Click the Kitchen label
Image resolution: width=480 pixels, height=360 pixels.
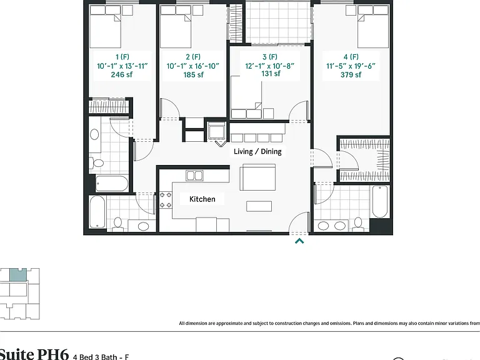click(x=202, y=199)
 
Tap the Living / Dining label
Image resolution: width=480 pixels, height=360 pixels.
click(x=257, y=151)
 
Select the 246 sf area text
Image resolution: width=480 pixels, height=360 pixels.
click(x=121, y=75)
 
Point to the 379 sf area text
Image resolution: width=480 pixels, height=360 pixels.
click(x=351, y=75)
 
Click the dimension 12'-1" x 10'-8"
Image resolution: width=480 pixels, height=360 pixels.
click(x=270, y=66)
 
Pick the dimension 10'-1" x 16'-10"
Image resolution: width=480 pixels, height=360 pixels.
click(x=193, y=66)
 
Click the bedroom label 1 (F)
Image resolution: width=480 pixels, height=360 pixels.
click(x=122, y=57)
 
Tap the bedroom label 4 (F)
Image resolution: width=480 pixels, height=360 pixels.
click(x=351, y=57)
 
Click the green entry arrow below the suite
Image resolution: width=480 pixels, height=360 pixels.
click(x=299, y=241)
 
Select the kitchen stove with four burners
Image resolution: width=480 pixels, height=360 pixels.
click(x=165, y=199)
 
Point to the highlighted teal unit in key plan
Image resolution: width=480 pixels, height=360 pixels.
click(x=18, y=275)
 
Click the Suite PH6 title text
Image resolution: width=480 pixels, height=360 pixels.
click(x=34, y=354)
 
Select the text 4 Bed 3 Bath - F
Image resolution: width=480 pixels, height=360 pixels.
click(x=101, y=357)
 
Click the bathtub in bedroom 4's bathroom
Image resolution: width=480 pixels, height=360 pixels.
click(x=380, y=202)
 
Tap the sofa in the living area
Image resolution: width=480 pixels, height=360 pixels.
click(x=257, y=177)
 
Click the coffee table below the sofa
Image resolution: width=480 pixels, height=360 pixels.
click(x=259, y=206)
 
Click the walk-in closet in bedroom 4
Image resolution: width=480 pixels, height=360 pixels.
click(x=364, y=159)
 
